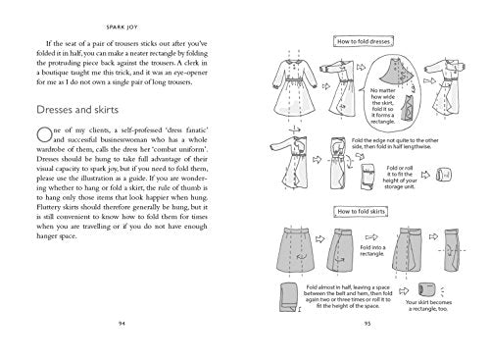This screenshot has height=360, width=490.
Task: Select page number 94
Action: (x=122, y=346)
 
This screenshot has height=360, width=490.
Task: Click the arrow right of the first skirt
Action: (x=314, y=240)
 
